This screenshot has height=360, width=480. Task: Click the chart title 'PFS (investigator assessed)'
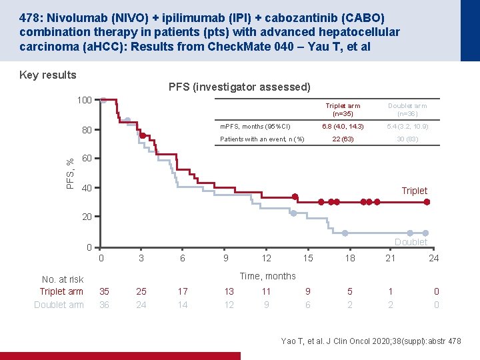pos(239,87)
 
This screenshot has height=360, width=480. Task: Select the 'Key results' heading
pos(48,75)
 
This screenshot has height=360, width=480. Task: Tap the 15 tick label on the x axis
pos(308,258)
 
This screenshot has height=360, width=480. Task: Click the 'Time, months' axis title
pos(267,276)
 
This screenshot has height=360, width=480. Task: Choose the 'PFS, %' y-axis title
pos(70,173)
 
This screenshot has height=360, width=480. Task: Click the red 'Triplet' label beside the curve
pos(414,191)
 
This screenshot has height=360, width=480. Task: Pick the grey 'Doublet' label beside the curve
pos(411,242)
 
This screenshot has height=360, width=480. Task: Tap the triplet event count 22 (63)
pos(343,139)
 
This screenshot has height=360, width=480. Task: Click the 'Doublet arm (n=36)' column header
pos(407,109)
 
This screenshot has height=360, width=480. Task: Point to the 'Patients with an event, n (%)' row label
pos(262,139)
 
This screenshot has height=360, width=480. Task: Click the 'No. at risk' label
pos(63,279)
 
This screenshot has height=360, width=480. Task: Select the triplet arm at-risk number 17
pos(183,291)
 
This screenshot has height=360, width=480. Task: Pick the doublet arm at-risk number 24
pos(141,305)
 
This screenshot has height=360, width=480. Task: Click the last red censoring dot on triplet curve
pos(427,202)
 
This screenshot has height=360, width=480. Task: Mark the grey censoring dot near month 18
pos(345,233)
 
